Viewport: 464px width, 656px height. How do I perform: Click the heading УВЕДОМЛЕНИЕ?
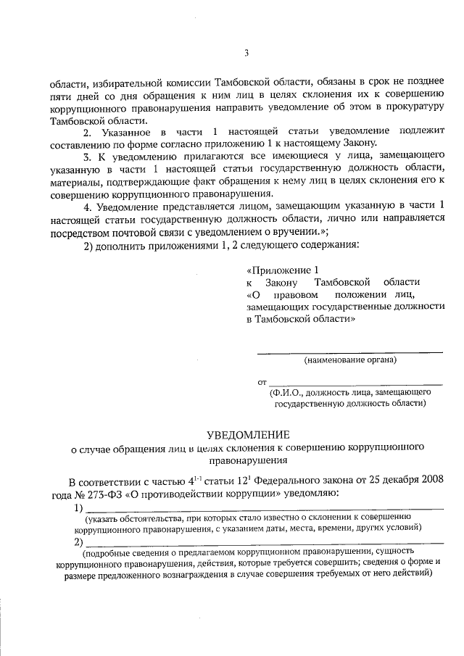248,435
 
